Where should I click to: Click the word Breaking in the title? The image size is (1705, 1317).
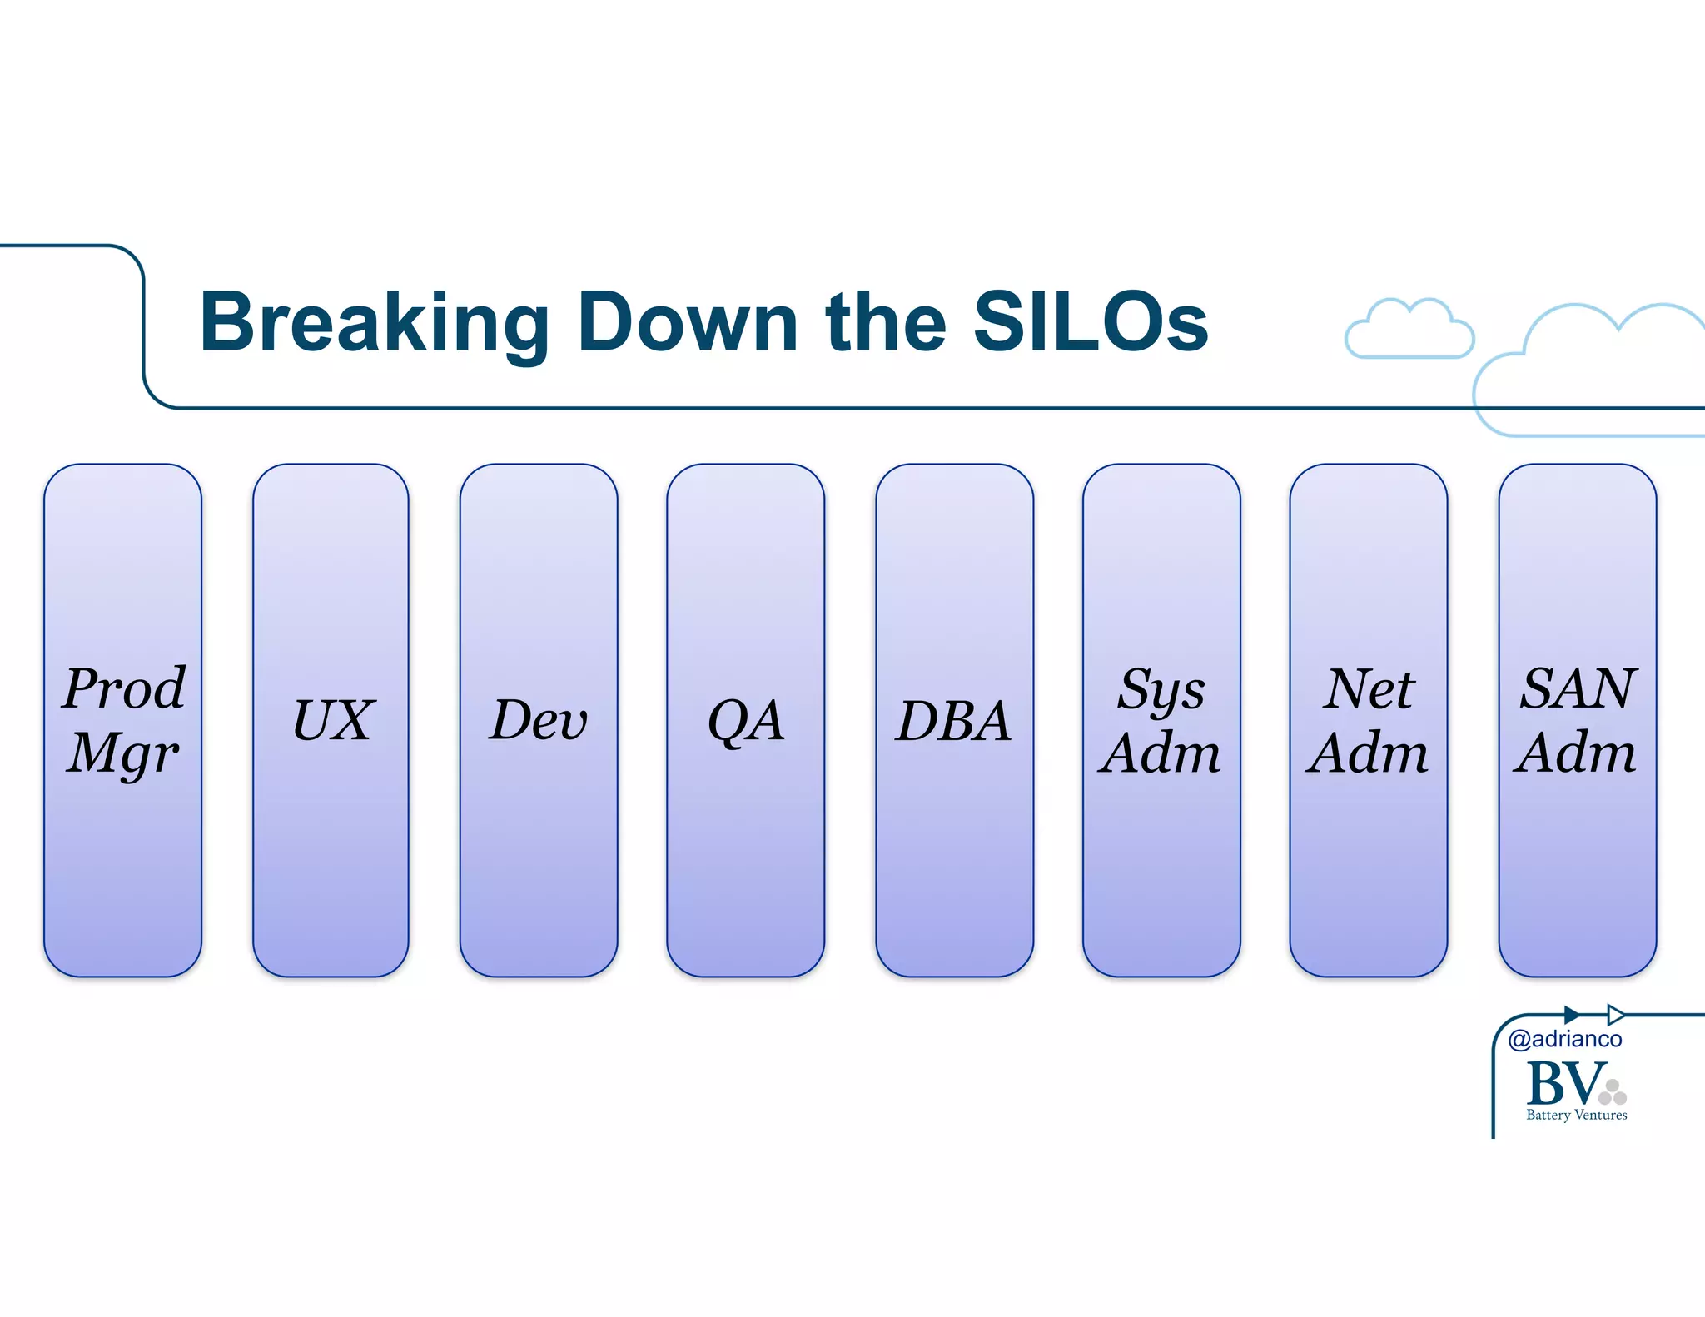coord(375,323)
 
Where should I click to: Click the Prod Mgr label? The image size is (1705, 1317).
coord(123,720)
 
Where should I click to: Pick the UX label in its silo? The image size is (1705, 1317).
coord(332,720)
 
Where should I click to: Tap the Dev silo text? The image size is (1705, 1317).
coord(538,720)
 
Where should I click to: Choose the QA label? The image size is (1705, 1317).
coord(745,721)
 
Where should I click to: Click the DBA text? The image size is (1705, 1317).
coord(954,721)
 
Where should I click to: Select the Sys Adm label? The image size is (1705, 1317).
coord(1161,721)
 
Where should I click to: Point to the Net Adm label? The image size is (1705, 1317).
coord(1368,721)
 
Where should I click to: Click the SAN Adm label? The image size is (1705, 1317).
coord(1577,721)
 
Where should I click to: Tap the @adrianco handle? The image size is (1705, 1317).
coord(1564,1039)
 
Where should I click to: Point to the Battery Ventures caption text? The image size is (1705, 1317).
coord(1576,1116)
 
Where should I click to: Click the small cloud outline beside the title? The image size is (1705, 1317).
coord(1409,331)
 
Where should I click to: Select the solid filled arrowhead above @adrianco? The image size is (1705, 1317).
coord(1571,1015)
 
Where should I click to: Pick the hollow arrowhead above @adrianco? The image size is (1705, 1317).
coord(1614,1015)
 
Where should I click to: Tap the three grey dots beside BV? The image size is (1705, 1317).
coord(1613,1093)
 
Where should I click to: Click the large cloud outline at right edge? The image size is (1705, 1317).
coord(1590,370)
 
